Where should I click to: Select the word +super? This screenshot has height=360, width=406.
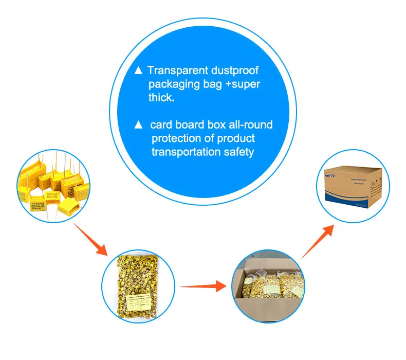243,84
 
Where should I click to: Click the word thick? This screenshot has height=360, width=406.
161,98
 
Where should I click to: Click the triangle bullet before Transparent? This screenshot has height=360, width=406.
138,70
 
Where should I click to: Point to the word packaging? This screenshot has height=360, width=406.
177,84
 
